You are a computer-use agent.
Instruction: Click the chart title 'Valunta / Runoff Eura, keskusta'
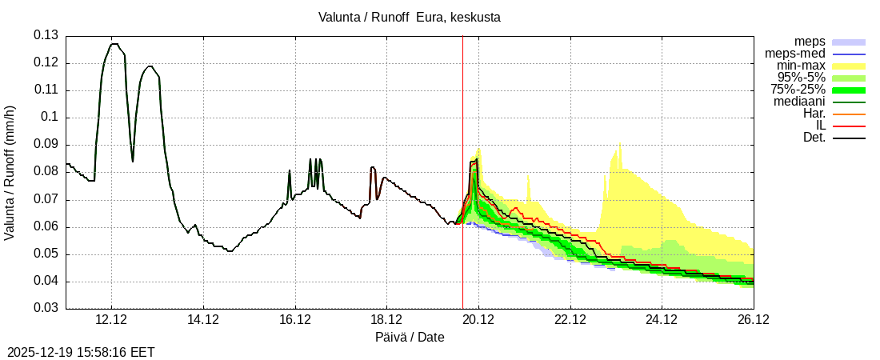[410, 17]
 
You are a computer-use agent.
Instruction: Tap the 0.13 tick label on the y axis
[46, 35]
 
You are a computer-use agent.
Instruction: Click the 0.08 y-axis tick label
[46, 172]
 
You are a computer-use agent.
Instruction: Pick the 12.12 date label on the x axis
[111, 320]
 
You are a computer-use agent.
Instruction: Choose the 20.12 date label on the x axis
[478, 320]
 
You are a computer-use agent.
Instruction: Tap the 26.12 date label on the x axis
[753, 320]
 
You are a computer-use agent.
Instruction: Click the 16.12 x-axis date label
[295, 320]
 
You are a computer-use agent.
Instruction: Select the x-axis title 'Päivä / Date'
[410, 338]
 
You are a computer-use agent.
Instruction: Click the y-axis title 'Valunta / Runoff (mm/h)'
[10, 172]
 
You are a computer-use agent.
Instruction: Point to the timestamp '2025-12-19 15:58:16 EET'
[81, 352]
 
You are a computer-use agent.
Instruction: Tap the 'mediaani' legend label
[799, 102]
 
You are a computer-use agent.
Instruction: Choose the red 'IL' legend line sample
[849, 126]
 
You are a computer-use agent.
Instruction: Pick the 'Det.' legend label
[814, 138]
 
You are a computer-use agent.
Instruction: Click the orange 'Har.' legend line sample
[849, 114]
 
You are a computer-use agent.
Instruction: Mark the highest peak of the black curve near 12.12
[114, 44]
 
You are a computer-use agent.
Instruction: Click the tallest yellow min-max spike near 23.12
[619, 143]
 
